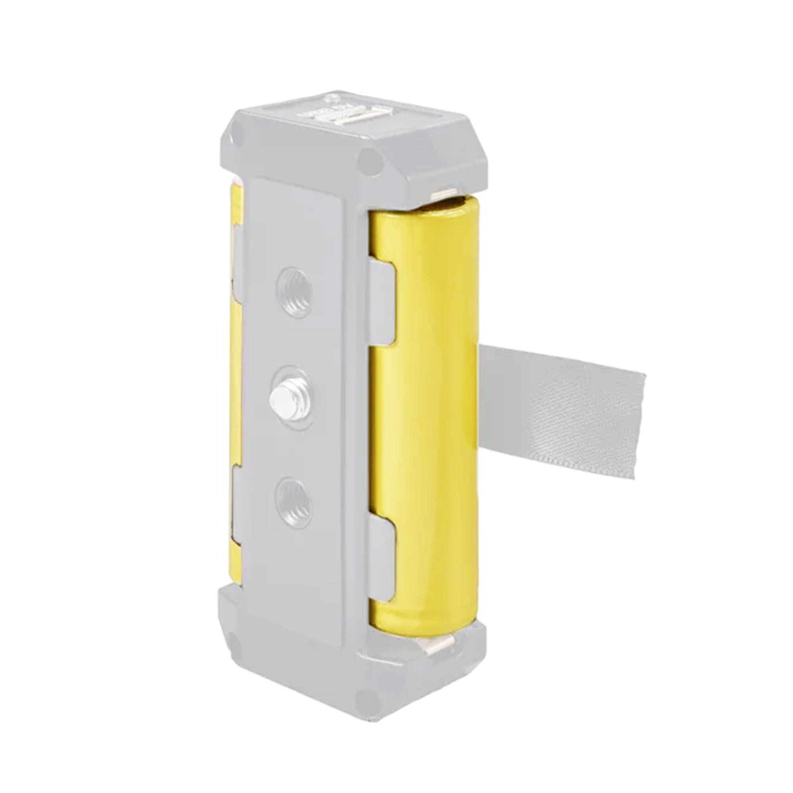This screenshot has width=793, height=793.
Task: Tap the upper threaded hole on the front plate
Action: [x=294, y=285]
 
